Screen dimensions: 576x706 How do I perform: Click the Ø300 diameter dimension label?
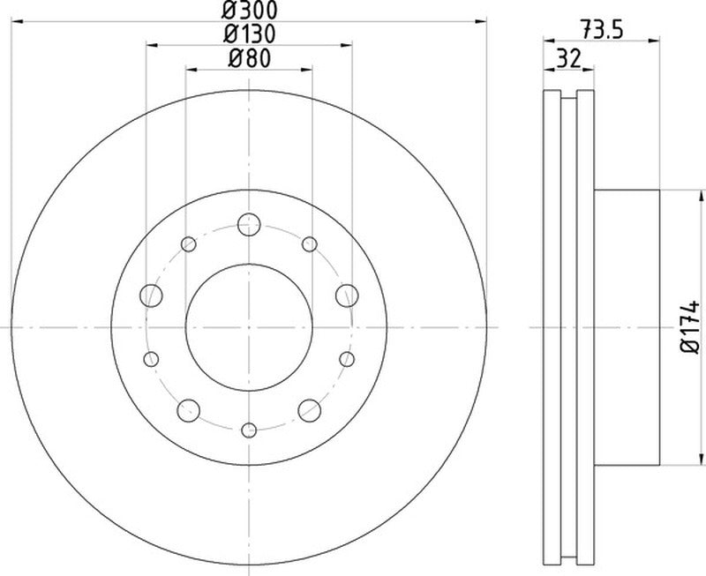[249, 12]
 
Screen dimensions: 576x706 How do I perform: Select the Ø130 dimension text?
[249, 35]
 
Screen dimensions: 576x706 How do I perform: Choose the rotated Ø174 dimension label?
[691, 328]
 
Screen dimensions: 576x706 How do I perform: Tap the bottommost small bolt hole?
[250, 430]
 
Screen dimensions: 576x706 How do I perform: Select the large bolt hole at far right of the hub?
[347, 295]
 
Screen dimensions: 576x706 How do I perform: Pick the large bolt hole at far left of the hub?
[152, 295]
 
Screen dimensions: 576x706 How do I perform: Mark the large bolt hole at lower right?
[310, 408]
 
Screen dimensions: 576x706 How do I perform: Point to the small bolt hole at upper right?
[309, 244]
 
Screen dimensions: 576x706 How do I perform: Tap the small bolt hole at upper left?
[189, 244]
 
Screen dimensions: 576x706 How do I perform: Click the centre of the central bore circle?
[250, 326]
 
